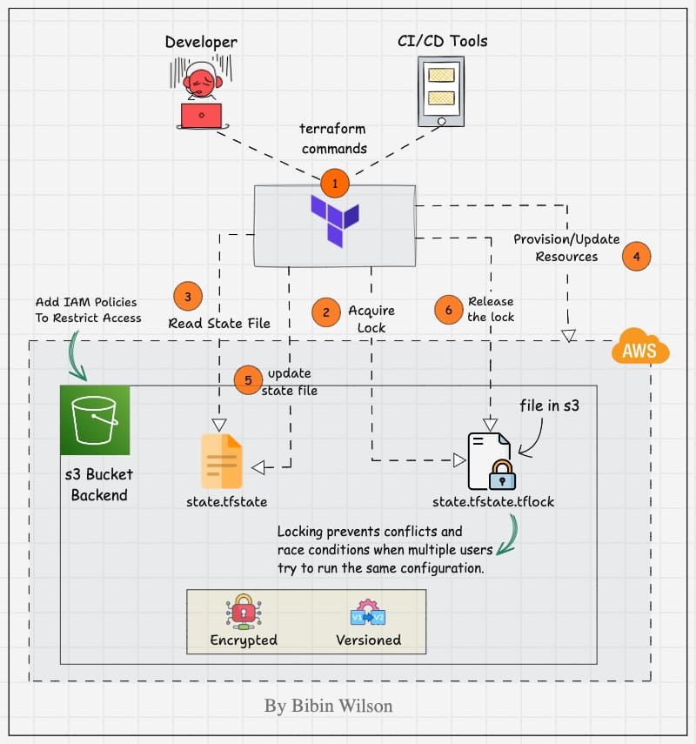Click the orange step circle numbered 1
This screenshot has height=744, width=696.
335,184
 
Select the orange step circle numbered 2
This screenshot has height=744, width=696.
326,312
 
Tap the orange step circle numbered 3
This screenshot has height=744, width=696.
188,296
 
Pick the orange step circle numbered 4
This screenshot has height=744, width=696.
637,257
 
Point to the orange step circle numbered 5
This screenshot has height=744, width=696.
248,379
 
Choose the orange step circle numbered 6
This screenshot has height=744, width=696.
449,309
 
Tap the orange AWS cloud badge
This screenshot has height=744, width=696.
639,350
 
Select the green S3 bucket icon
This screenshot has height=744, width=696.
95,420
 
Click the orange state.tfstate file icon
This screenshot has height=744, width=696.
222,461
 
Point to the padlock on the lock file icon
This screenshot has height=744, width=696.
502,474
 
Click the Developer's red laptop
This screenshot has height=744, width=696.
202,116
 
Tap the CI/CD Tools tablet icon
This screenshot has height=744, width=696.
440,92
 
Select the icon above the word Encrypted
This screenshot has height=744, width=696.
243,613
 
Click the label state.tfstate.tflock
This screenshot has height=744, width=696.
492,502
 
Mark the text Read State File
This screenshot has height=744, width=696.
219,323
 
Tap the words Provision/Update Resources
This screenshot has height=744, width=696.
566,248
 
